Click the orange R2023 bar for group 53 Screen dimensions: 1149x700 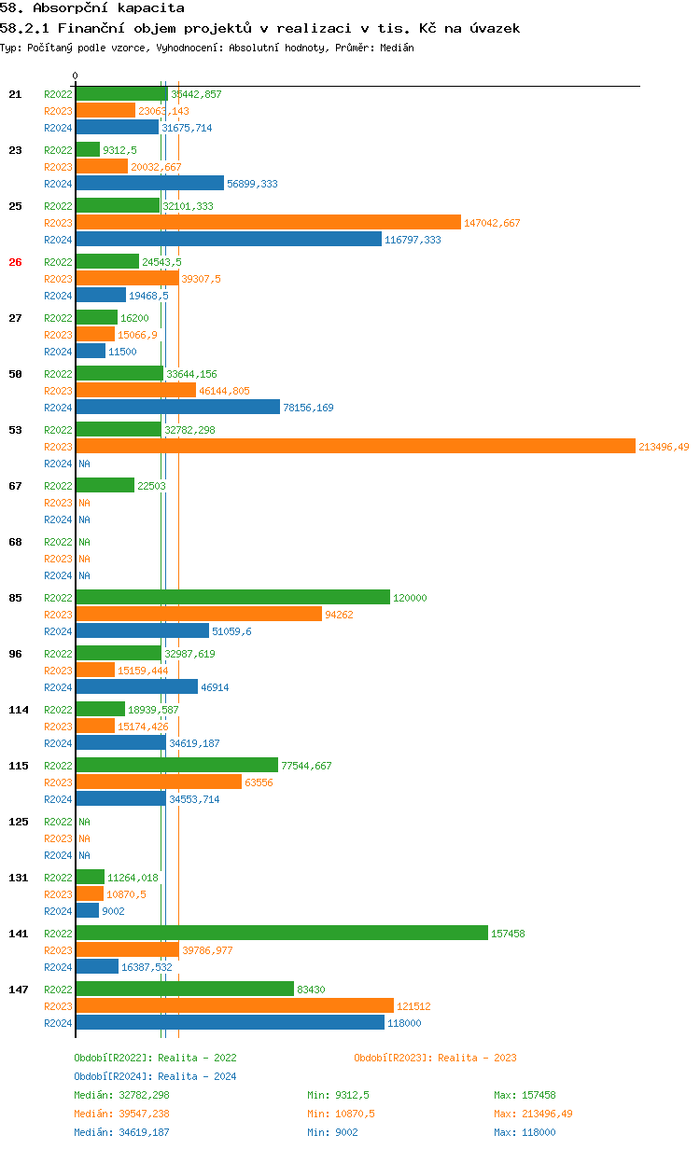point(355,447)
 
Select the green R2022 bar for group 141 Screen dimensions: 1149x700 point(281,934)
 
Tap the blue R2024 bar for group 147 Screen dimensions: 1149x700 point(230,1023)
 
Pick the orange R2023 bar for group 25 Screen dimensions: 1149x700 point(268,223)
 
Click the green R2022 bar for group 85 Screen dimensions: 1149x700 point(232,598)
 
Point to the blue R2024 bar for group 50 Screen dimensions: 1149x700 point(177,408)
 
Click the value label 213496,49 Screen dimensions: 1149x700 point(664,447)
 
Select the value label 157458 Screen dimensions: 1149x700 point(510,934)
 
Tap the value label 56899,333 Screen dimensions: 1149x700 point(252,184)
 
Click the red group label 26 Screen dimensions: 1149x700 point(15,262)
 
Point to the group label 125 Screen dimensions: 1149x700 point(18,822)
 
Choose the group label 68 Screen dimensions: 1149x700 point(15,542)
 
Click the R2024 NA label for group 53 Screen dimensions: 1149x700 point(84,464)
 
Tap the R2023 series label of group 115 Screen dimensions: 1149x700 point(58,782)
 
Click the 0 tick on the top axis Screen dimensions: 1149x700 point(76,76)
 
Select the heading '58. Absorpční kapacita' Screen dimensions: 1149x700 point(91,8)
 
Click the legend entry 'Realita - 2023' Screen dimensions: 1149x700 point(435,1058)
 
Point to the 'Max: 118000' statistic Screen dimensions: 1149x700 point(525,1132)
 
